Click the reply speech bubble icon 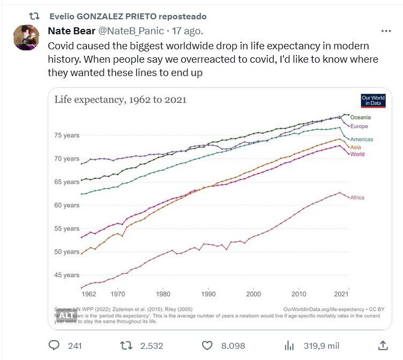coord(54,345)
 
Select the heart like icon coord(208,345)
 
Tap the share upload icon coord(383,345)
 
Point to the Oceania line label coord(360,117)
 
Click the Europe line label coord(359,126)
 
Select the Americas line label coord(361,139)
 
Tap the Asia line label coord(355,147)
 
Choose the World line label coord(357,154)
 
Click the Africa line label coord(357,198)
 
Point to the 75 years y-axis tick coord(67,136)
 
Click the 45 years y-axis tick coord(67,275)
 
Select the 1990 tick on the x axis coord(208,294)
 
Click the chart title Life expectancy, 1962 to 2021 coord(120,100)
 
